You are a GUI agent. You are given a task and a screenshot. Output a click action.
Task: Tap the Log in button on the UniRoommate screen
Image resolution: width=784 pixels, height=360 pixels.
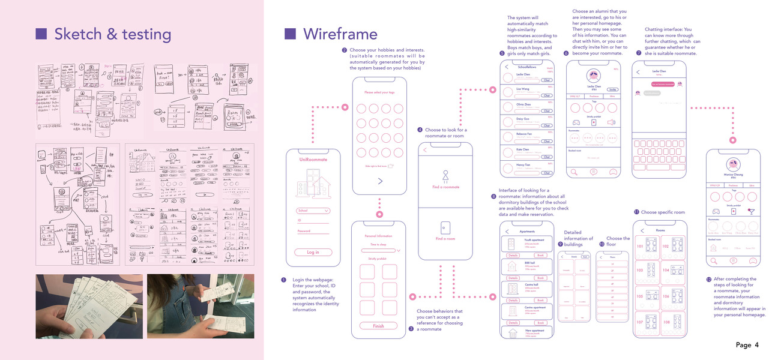[313, 252]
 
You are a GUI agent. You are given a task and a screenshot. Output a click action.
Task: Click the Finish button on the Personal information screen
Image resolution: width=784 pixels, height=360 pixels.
[378, 326]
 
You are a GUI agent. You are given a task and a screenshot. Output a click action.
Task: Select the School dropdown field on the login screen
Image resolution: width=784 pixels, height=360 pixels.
[313, 211]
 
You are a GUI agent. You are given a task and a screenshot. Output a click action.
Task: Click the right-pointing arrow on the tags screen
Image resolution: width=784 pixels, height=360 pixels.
[379, 181]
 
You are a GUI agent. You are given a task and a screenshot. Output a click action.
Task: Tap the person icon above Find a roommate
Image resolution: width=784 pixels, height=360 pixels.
[445, 176]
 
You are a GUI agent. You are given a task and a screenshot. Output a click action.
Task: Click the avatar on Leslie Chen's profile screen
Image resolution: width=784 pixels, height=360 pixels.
[593, 76]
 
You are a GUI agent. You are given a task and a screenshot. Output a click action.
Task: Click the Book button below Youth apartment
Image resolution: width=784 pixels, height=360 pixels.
[540, 256]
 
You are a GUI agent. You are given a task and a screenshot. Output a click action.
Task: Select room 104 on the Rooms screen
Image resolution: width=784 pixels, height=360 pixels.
[674, 270]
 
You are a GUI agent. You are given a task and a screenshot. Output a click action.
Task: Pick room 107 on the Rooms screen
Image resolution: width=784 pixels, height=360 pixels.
[648, 322]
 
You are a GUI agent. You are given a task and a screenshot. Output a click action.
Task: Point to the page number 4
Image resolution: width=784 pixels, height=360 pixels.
[757, 345]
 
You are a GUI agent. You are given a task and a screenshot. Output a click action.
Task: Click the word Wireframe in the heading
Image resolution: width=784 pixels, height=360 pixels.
[340, 34]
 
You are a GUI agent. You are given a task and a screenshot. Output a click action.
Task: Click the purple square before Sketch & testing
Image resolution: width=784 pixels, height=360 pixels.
[41, 34]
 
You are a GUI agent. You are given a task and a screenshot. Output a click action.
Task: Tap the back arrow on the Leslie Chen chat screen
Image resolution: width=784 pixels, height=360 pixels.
[638, 71]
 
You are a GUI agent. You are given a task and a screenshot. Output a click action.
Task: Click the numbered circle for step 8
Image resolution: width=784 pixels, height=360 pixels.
[493, 196]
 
